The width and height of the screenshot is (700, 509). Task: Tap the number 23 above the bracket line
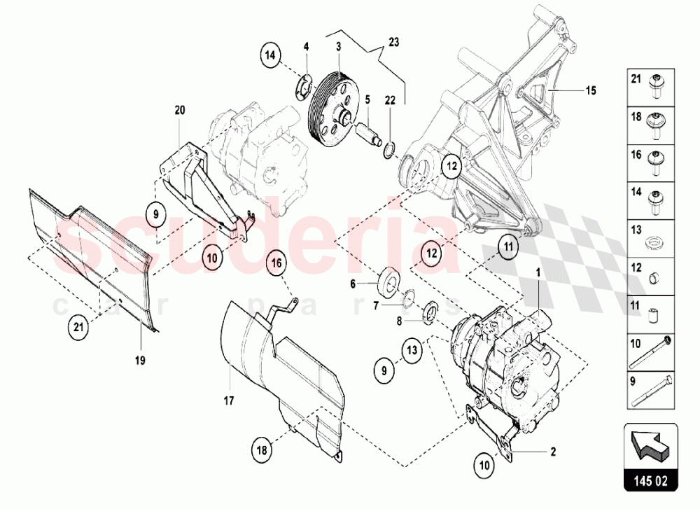pos(393,42)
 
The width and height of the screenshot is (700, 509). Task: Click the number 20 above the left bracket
pos(180,109)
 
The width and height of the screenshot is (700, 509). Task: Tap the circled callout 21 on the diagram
pos(79,326)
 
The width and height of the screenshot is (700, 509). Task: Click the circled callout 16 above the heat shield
pos(276,263)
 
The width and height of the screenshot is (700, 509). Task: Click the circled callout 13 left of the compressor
pos(413,349)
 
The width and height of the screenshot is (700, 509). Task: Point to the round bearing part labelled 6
pos(388,284)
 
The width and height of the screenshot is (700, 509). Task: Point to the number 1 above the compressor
pos(538,270)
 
